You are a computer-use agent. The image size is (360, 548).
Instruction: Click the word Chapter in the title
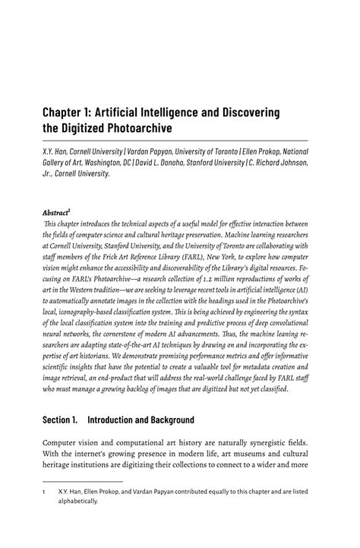[x=66, y=112]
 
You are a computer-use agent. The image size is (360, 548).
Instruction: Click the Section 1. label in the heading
[x=62, y=420]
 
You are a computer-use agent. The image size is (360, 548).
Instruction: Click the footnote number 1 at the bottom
[x=43, y=512]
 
